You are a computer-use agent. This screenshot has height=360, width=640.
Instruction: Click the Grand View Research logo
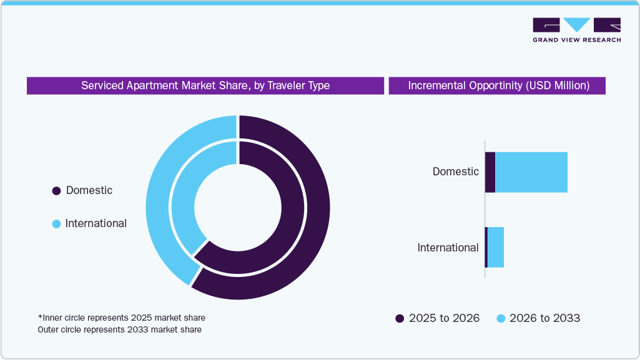[x=576, y=30]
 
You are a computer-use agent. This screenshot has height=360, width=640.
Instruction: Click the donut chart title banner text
[x=205, y=85]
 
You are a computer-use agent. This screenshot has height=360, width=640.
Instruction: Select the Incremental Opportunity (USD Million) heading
[x=498, y=85]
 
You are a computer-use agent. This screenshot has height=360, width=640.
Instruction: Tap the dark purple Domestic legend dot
[x=57, y=191]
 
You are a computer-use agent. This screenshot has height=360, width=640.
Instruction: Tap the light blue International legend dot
[x=57, y=224]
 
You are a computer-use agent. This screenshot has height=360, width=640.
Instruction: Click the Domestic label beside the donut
[x=89, y=190]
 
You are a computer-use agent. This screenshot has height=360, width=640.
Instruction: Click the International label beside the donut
[x=96, y=223]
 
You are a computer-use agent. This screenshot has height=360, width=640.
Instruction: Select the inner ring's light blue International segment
[x=183, y=200]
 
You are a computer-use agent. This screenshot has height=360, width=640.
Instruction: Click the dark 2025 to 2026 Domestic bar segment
[x=490, y=172]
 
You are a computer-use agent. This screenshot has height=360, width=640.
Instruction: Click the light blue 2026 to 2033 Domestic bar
[x=531, y=172]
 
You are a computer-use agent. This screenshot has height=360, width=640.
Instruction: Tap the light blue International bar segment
[x=496, y=248]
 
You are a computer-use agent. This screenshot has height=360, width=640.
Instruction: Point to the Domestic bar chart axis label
[x=456, y=172]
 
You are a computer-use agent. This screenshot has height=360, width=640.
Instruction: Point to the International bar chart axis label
[x=448, y=248]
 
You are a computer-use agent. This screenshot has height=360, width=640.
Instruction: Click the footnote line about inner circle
[x=121, y=318]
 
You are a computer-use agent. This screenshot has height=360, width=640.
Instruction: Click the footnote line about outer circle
[x=119, y=329]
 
